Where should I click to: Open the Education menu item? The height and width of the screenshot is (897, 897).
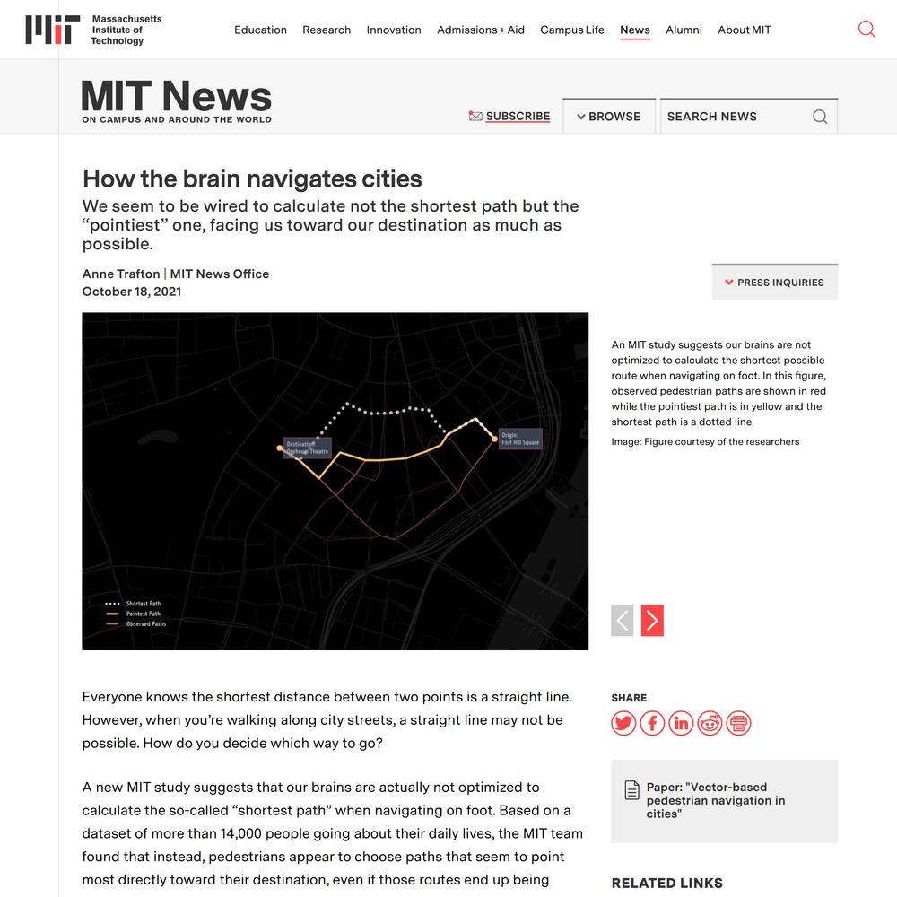pos(260,30)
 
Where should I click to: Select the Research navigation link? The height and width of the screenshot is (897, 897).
pos(327,30)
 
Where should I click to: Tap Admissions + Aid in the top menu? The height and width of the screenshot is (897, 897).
pos(481,30)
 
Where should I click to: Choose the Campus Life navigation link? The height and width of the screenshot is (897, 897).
pos(572,30)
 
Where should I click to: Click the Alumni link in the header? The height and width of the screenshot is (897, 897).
pos(684,30)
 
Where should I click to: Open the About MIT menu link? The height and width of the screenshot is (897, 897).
pos(745,30)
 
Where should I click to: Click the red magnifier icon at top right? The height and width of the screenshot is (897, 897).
pos(867,29)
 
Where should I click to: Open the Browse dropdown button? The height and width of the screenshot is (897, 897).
pos(609,116)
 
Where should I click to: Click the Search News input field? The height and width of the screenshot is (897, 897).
pos(736,116)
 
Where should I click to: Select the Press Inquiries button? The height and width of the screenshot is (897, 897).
pos(774,283)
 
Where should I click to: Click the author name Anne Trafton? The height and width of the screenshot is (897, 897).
pos(121,274)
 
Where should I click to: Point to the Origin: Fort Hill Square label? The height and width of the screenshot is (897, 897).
pos(520,439)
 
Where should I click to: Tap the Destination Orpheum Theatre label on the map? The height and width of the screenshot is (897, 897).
pos(308,448)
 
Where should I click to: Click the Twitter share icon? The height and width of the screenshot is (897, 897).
pos(623,723)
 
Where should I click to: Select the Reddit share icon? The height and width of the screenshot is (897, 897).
pos(710,723)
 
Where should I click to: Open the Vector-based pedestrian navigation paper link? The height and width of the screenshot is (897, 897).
pos(715,800)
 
